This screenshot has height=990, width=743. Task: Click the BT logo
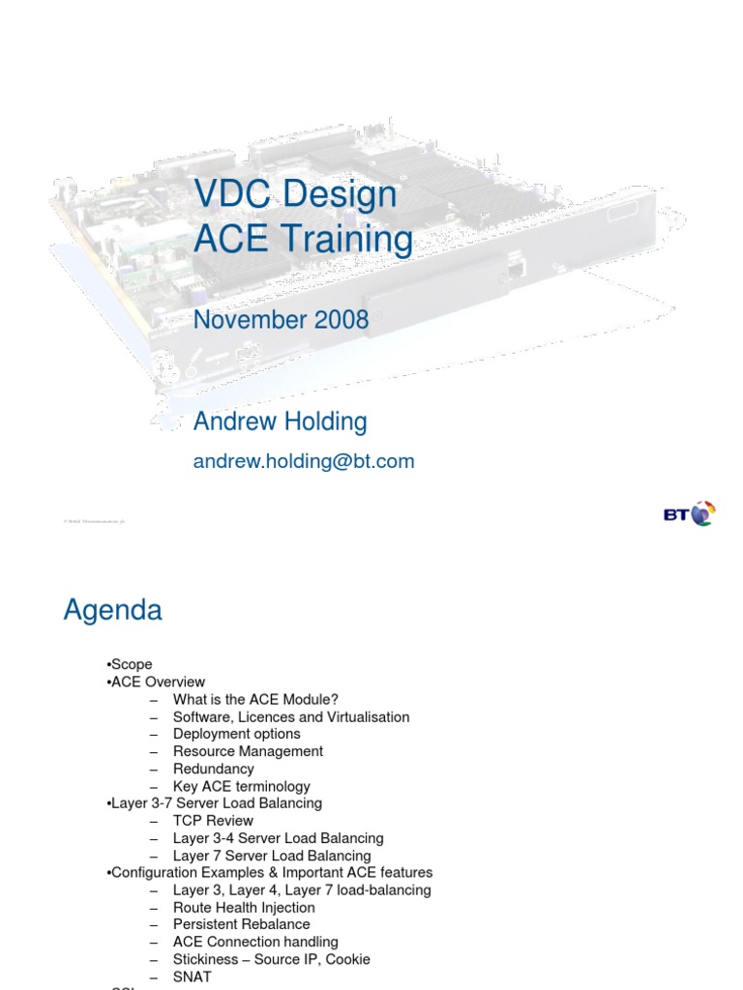pyautogui.click(x=689, y=513)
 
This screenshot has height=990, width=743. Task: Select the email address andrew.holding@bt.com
pyautogui.click(x=304, y=461)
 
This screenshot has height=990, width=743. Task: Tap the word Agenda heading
pyautogui.click(x=113, y=611)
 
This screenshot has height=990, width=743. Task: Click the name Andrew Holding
pyautogui.click(x=280, y=422)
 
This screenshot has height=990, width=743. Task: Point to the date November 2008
pyautogui.click(x=281, y=320)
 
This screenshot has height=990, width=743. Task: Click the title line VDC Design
pyautogui.click(x=295, y=193)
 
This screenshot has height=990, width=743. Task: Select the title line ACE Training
pyautogui.click(x=303, y=240)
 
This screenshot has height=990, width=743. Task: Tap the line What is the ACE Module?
pyautogui.click(x=255, y=700)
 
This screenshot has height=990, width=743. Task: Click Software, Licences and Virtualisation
pyautogui.click(x=291, y=717)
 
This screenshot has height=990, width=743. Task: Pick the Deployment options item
pyautogui.click(x=236, y=735)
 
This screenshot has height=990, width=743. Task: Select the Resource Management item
pyautogui.click(x=248, y=751)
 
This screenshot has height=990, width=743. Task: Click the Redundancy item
pyautogui.click(x=213, y=769)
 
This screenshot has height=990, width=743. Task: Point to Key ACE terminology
pyautogui.click(x=241, y=786)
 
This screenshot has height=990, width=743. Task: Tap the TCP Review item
pyautogui.click(x=213, y=821)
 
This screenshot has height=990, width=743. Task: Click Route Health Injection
pyautogui.click(x=244, y=908)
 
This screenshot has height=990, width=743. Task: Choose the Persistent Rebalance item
pyautogui.click(x=242, y=925)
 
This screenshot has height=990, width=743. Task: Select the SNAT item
pyautogui.click(x=192, y=976)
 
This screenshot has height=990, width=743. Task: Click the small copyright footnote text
pyautogui.click(x=95, y=521)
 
